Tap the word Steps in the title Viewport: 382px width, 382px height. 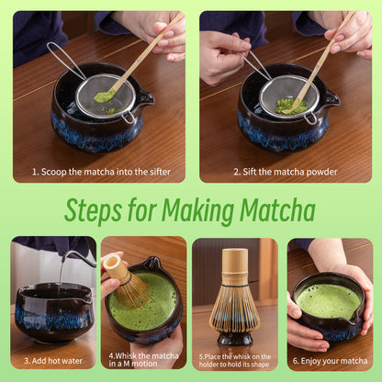[97, 210]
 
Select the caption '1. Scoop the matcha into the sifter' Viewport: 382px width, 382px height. [98, 172]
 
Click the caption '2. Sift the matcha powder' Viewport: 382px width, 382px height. [285, 172]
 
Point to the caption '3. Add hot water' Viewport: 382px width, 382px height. [52, 361]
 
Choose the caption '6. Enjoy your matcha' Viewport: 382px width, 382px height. [330, 361]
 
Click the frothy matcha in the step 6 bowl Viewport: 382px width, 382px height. [328, 300]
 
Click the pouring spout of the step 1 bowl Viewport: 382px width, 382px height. [145, 97]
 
